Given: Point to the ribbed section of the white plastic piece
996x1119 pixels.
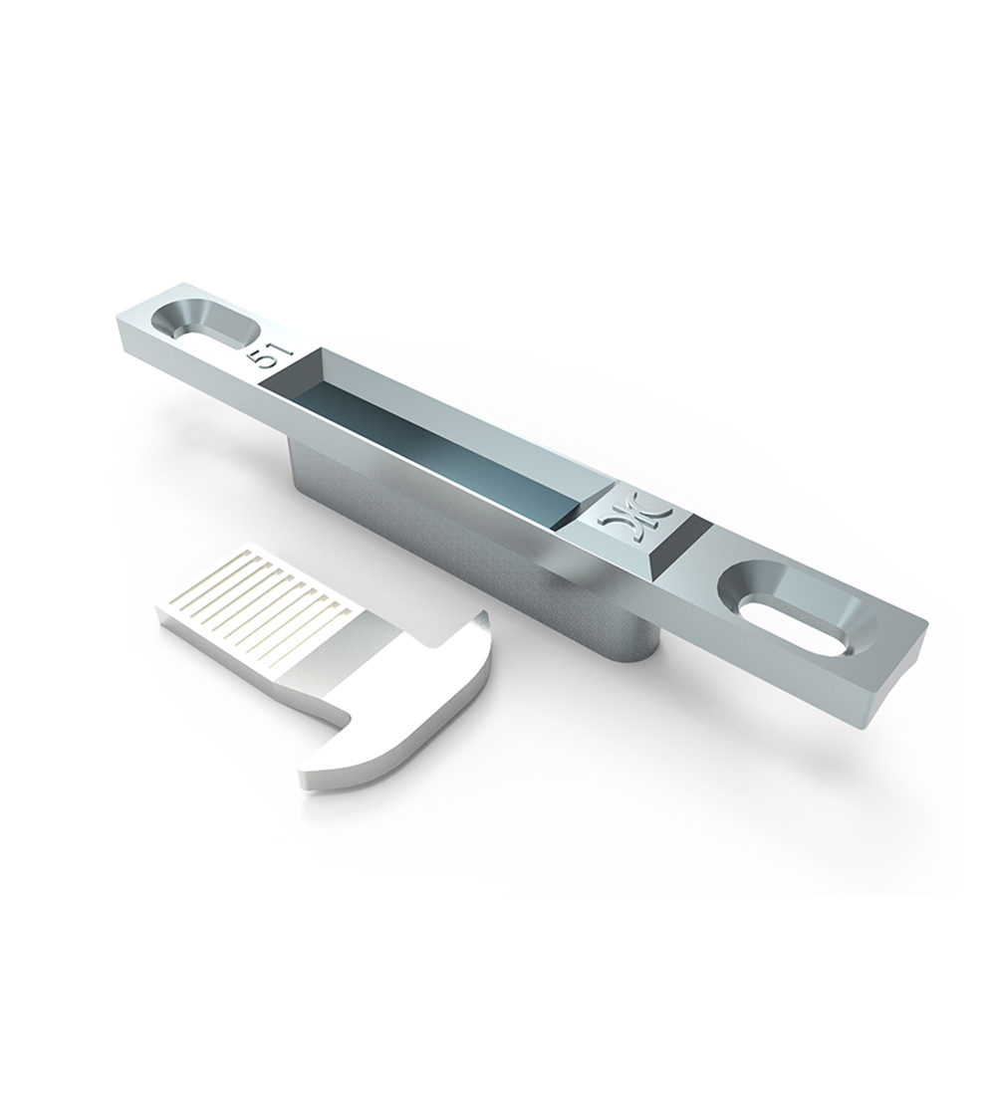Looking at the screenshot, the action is (257, 586).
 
